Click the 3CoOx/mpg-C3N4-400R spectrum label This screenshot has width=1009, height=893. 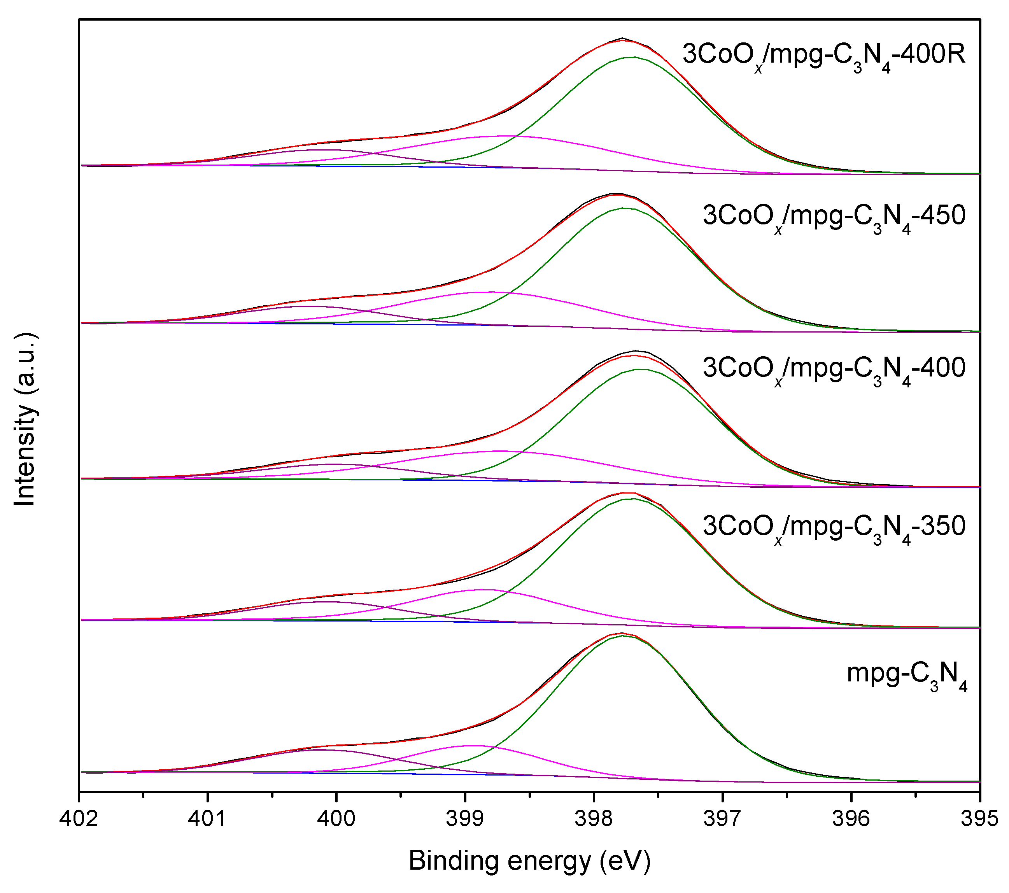pos(824,55)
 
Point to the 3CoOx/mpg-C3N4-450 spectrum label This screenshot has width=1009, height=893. pos(834,217)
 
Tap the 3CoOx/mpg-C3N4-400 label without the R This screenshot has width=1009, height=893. pos(834,369)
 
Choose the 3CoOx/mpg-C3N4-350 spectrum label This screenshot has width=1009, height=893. pos(834,527)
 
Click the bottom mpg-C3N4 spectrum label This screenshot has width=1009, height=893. pos(907,675)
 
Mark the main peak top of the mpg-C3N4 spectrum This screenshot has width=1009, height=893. pos(622,633)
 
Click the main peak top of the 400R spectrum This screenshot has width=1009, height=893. pos(622,39)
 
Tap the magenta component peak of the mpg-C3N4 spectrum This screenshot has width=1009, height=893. pos(473,746)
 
